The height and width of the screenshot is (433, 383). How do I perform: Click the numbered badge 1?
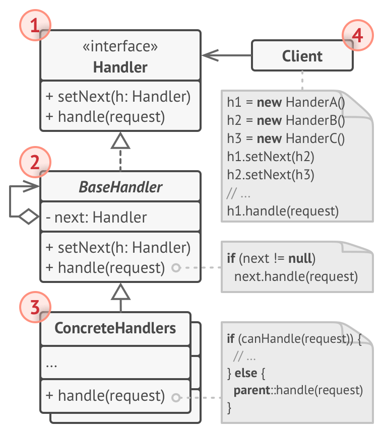tap(35, 25)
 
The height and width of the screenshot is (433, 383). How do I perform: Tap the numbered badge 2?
tap(35, 162)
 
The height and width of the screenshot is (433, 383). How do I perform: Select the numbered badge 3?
tap(35, 307)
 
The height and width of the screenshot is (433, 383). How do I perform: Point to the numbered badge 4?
tap(358, 35)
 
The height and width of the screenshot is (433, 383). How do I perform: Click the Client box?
tap(302, 55)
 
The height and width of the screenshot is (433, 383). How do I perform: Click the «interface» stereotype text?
tap(120, 46)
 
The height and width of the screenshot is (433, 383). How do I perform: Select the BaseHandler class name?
tap(120, 187)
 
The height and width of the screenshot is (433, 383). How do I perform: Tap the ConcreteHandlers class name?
tap(115, 328)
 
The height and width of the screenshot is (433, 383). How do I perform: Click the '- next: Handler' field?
tap(96, 217)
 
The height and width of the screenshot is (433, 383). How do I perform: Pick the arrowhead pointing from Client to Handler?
tap(210, 55)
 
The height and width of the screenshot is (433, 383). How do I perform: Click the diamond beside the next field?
tap(29, 216)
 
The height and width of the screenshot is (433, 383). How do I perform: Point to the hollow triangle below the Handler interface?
tap(120, 140)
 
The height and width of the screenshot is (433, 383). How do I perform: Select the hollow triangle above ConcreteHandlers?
tap(120, 292)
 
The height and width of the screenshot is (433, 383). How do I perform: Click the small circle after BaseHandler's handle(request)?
tap(176, 267)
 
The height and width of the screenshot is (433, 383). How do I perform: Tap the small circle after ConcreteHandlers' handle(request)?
tap(176, 398)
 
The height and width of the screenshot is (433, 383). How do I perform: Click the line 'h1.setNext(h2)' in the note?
tap(271, 157)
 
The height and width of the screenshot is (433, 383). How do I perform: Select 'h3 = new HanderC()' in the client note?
tap(286, 138)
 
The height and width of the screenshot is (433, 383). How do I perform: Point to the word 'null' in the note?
tap(300, 258)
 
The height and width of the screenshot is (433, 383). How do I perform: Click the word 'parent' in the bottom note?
tap(252, 390)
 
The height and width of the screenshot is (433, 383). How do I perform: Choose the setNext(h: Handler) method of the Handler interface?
tap(118, 97)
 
